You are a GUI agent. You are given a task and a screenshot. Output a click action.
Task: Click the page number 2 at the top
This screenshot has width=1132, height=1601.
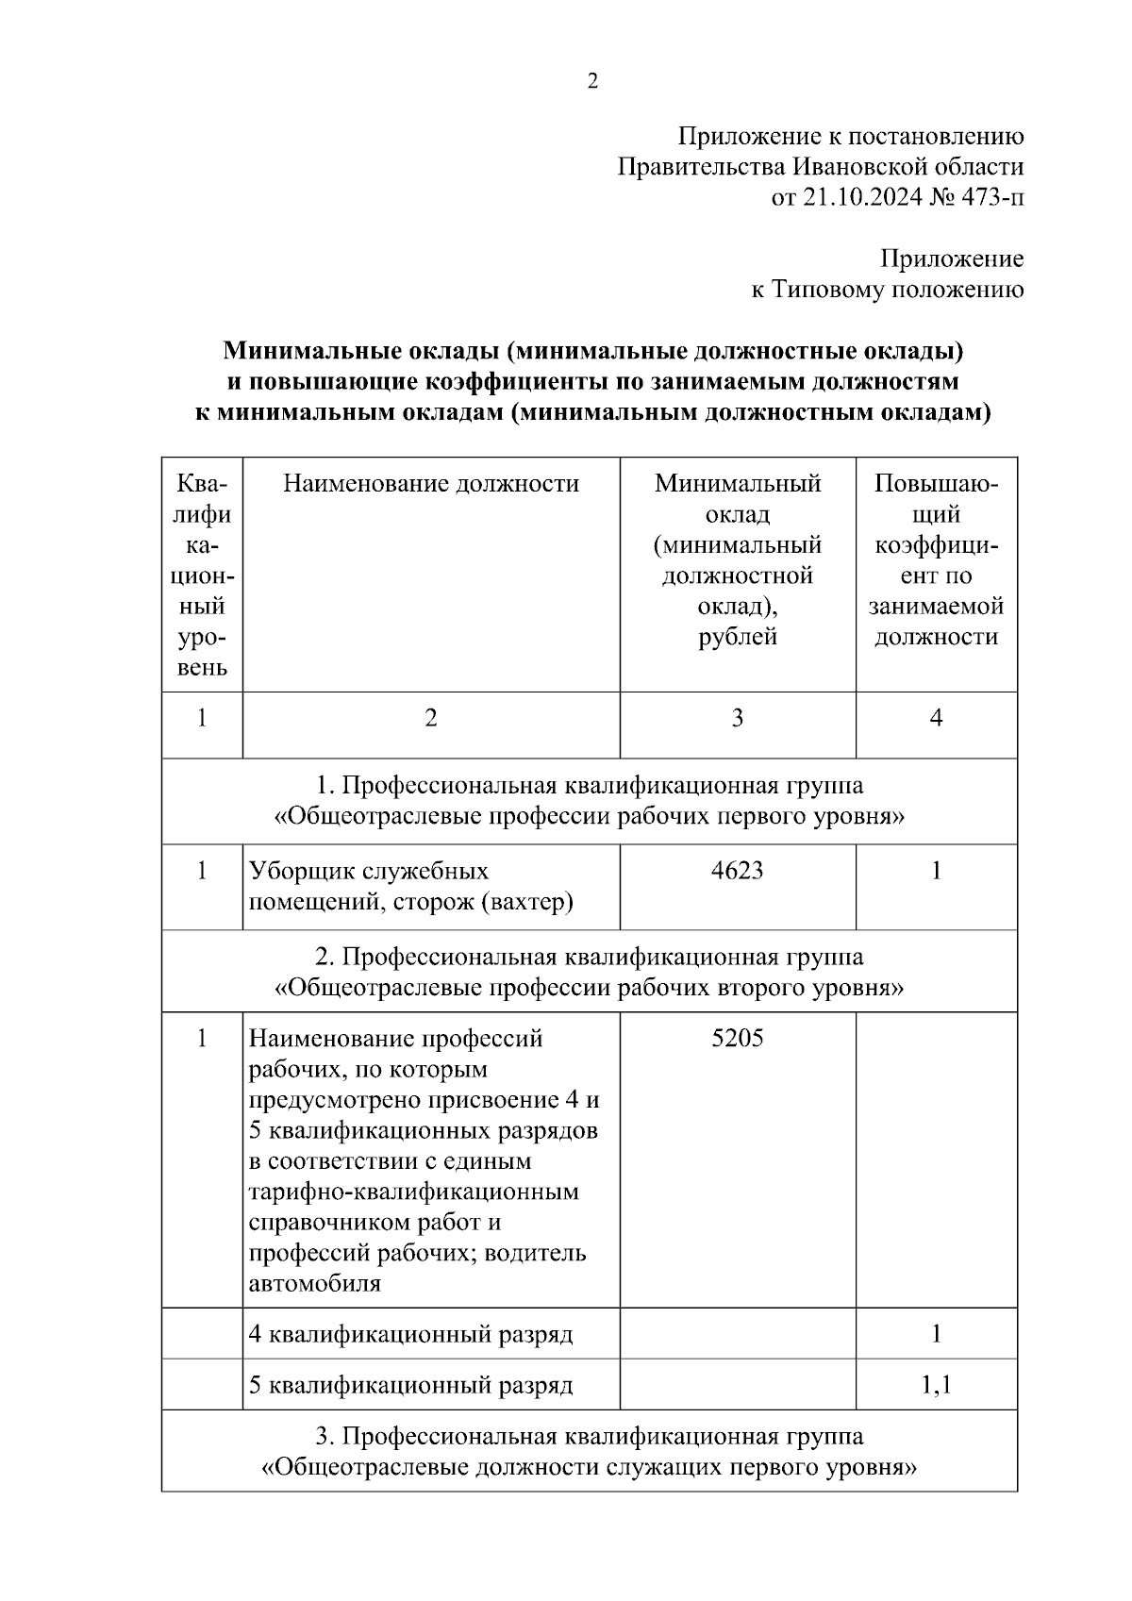click(592, 82)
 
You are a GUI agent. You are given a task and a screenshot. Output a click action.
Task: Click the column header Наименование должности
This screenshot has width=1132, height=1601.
click(431, 484)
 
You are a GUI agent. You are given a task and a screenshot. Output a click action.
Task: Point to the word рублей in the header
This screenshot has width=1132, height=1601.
click(738, 637)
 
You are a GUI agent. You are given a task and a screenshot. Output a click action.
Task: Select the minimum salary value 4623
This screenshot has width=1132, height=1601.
click(738, 871)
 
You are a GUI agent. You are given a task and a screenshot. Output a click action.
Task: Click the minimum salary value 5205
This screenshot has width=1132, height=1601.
click(738, 1039)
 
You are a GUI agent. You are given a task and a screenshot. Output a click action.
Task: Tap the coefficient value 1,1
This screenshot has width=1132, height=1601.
click(936, 1385)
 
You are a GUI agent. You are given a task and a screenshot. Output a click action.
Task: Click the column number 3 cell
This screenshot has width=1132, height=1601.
click(738, 719)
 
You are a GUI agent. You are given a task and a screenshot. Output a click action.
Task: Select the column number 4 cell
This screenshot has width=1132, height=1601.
click(936, 719)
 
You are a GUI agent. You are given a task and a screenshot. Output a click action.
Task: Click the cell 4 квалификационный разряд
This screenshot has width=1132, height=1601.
click(410, 1335)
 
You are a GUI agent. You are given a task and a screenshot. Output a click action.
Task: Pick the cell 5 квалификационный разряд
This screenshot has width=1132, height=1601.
click(410, 1386)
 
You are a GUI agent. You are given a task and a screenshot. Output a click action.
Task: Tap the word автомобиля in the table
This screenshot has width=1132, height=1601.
click(314, 1284)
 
